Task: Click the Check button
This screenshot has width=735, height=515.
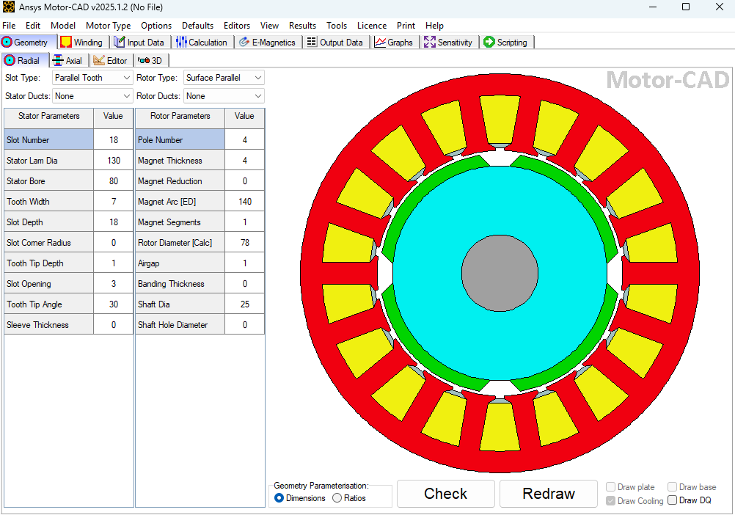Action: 445,494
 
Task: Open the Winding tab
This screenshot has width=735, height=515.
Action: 82,42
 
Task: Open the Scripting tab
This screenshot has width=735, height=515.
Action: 505,42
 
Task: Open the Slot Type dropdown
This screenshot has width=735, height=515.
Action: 92,78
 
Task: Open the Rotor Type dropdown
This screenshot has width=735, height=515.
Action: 224,78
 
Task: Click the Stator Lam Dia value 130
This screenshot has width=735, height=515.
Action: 113,161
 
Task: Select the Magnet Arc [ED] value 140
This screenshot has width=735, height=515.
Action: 244,202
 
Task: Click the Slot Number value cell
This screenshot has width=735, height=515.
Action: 113,140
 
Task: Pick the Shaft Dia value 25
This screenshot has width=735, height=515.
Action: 244,304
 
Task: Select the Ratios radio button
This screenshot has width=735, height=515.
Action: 337,498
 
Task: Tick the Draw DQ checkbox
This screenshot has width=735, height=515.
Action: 673,500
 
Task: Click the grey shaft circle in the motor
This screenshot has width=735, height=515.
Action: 499,272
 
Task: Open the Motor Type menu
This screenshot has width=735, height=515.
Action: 108,26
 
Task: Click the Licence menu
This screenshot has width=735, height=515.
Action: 371,26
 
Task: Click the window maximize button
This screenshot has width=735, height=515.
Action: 685,7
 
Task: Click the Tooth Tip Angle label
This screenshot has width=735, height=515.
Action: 34,304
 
